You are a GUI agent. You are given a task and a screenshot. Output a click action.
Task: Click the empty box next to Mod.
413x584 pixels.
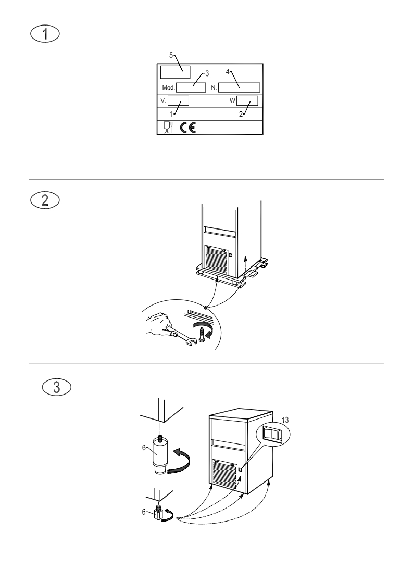click(x=191, y=86)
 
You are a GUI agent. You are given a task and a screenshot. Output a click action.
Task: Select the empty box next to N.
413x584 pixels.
click(x=239, y=86)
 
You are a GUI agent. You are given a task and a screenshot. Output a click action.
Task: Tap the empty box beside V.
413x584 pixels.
click(x=178, y=100)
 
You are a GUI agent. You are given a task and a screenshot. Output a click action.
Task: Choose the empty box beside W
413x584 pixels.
click(x=247, y=100)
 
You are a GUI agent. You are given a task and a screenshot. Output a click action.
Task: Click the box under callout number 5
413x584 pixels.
click(x=175, y=71)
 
